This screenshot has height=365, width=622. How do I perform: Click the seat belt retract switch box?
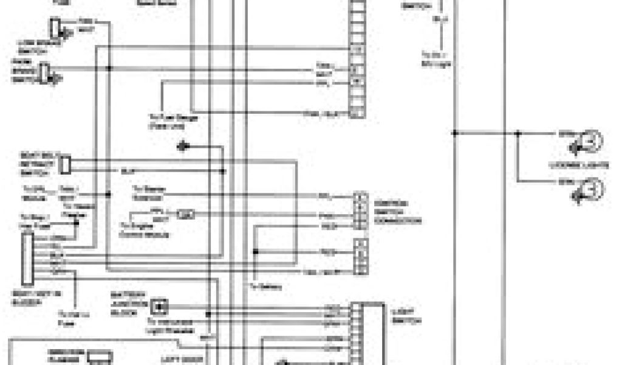[66, 163]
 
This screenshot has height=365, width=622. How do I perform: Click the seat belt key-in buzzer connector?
[27, 259]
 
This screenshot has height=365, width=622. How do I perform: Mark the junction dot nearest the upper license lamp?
[518, 133]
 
